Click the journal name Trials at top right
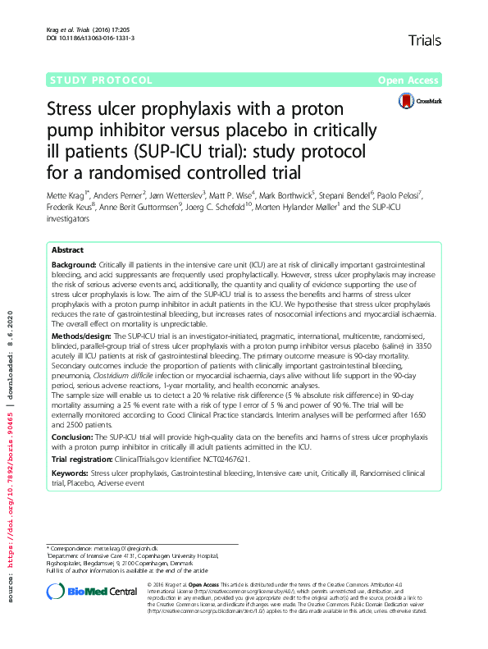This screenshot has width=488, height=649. point(424,39)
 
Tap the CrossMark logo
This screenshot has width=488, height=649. point(420,102)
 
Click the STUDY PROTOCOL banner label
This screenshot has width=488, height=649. point(100,80)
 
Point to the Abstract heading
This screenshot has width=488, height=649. point(67,249)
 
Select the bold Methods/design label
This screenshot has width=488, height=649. point(81,337)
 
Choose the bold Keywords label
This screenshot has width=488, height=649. point(71,474)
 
